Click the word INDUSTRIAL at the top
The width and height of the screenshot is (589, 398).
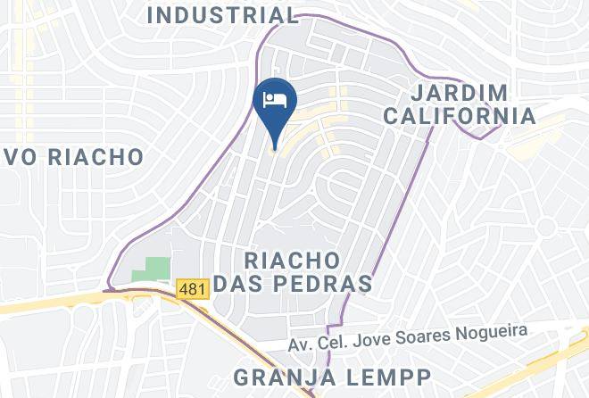222,15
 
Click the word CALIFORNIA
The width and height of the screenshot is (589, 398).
473,116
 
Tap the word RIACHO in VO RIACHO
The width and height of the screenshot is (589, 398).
96,158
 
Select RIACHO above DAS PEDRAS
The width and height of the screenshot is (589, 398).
291,261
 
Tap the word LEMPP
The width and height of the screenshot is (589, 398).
389,375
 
